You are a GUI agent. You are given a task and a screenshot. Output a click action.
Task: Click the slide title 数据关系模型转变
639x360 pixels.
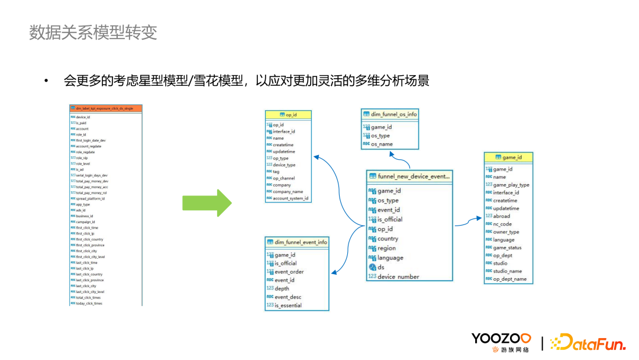[x=93, y=32]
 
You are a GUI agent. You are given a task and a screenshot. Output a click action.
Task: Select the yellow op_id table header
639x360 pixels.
[x=288, y=114]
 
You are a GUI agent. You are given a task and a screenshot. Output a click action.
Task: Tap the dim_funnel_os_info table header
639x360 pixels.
[x=390, y=114]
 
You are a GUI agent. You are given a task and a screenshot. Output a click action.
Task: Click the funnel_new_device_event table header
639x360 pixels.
[x=409, y=176]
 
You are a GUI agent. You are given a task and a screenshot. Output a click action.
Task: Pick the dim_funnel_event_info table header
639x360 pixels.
[x=296, y=242]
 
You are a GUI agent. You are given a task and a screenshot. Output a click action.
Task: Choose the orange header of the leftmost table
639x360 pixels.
[x=106, y=108]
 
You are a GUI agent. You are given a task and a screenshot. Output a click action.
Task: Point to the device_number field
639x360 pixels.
[x=398, y=277]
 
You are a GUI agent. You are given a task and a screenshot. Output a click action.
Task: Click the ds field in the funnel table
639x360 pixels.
[x=381, y=267]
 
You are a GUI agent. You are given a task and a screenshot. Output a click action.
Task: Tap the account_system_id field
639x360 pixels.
[x=291, y=198]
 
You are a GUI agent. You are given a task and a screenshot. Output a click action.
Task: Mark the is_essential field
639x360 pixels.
[x=288, y=306]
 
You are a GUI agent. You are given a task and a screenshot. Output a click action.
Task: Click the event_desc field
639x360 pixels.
[x=288, y=297]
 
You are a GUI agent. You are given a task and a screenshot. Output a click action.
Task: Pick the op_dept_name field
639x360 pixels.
[x=509, y=279]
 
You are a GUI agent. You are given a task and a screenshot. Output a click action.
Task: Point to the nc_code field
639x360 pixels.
[x=502, y=224]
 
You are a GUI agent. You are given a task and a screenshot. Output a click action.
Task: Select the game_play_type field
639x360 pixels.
[x=511, y=185]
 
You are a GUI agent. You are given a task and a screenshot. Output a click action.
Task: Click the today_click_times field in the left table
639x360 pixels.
[x=89, y=303]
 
